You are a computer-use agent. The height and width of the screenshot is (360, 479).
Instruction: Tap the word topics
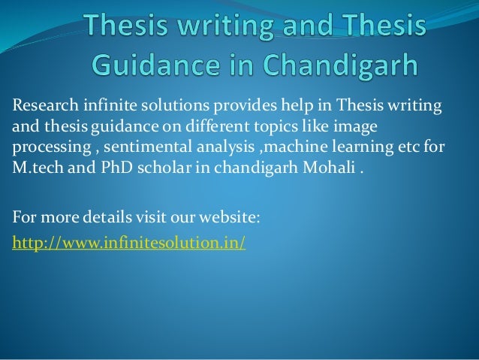(x=272, y=128)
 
